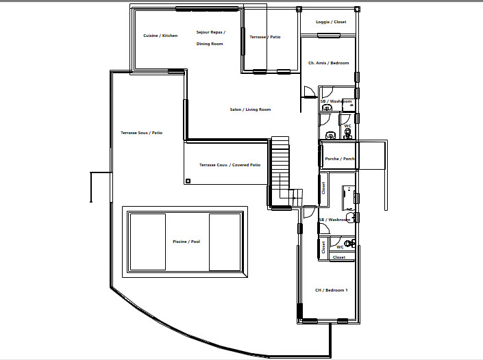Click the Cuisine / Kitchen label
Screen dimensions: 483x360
pyautogui.click(x=160, y=36)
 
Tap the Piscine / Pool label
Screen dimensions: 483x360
pyautogui.click(x=186, y=242)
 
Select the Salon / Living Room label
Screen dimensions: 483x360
pyautogui.click(x=250, y=110)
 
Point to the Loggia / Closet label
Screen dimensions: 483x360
pyautogui.click(x=331, y=22)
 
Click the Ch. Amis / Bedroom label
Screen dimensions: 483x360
pyautogui.click(x=328, y=63)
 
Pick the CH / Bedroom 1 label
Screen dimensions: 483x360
pyautogui.click(x=331, y=290)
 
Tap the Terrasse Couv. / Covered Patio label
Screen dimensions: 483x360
pyautogui.click(x=230, y=165)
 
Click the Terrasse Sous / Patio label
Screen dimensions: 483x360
pyautogui.click(x=141, y=133)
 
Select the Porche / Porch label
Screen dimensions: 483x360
pyautogui.click(x=339, y=159)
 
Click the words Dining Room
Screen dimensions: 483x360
pyautogui.click(x=210, y=44)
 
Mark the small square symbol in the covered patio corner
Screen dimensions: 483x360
pyautogui.click(x=188, y=181)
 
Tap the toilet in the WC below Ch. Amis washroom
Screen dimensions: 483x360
pyautogui.click(x=348, y=134)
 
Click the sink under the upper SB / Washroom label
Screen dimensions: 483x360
pyautogui.click(x=327, y=107)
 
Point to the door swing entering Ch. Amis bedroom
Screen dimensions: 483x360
pyautogui.click(x=309, y=92)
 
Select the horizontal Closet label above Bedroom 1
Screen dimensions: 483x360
pyautogui.click(x=339, y=257)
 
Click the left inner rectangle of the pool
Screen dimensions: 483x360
pyautogui.click(x=148, y=242)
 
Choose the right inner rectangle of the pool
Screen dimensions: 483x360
pyautogui.click(x=225, y=242)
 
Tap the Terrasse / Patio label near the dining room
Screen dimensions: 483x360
pyautogui.click(x=265, y=37)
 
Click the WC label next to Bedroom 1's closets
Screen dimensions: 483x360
pyautogui.click(x=340, y=247)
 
